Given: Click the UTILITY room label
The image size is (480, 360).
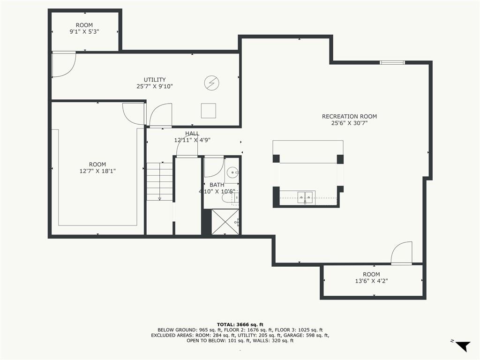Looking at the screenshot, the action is pyautogui.click(x=155, y=80).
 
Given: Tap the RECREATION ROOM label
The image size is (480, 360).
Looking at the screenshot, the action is pyautogui.click(x=349, y=116).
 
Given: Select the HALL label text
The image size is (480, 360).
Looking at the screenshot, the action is pyautogui.click(x=192, y=134).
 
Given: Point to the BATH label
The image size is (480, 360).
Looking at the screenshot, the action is pyautogui.click(x=217, y=185).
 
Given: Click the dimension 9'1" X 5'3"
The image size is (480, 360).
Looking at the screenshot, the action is pyautogui.click(x=84, y=31).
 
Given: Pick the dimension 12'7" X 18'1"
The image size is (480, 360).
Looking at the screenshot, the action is pyautogui.click(x=97, y=171).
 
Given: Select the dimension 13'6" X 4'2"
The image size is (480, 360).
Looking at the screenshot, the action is pyautogui.click(x=371, y=281).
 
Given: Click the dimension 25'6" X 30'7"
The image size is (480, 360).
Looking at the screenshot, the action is pyautogui.click(x=349, y=123).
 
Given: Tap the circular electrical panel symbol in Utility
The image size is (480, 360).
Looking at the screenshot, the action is pyautogui.click(x=212, y=82).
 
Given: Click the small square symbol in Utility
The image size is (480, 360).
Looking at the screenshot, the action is pyautogui.click(x=209, y=111).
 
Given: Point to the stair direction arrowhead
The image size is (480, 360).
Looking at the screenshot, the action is pyautogui.click(x=159, y=199).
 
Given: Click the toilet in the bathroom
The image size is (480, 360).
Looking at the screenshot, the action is pyautogui.click(x=227, y=198).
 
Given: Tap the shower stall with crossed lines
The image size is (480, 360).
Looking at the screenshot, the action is pyautogui.click(x=225, y=222).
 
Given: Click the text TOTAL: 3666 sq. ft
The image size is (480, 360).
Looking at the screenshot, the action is pyautogui.click(x=240, y=325).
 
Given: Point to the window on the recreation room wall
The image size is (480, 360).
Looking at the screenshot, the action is pyautogui.click(x=392, y=62).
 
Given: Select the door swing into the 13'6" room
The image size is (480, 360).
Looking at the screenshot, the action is pyautogui.click(x=402, y=252).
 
